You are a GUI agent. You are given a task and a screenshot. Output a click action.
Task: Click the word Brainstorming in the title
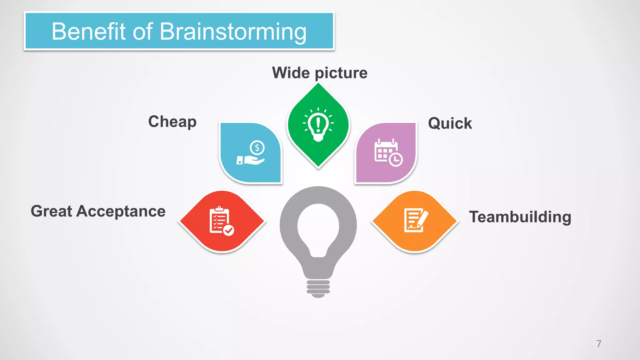click(x=233, y=32)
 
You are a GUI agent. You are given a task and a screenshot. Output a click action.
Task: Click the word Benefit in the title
click(x=88, y=32)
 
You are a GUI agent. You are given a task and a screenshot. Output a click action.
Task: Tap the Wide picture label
click(x=319, y=73)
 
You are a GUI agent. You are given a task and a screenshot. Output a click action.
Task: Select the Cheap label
click(x=172, y=122)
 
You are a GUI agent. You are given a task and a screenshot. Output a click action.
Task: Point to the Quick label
click(x=450, y=123)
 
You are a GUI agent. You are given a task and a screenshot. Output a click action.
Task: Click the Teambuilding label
click(x=520, y=217)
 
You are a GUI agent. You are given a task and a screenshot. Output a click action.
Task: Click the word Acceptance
click(x=121, y=211)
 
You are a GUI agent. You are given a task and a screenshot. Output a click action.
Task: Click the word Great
click(x=51, y=211)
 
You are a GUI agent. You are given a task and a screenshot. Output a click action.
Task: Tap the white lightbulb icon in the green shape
click(x=318, y=125)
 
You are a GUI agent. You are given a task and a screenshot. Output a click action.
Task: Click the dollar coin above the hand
click(x=257, y=147)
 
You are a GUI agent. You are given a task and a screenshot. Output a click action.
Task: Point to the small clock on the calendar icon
click(x=396, y=160)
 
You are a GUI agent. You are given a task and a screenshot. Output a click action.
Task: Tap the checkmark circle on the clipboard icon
click(x=229, y=230)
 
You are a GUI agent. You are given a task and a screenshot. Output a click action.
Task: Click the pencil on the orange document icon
click(x=422, y=218)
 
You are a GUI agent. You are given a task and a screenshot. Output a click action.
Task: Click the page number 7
click(x=599, y=344)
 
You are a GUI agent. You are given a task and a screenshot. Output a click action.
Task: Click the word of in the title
click(x=142, y=32)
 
